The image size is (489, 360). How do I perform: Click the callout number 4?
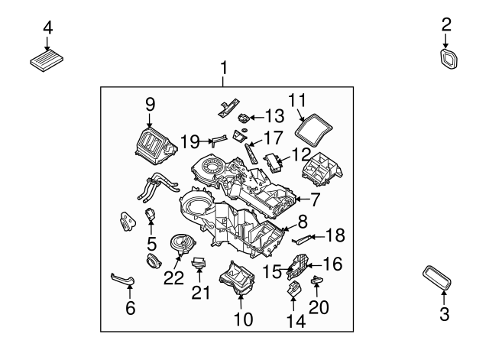pyautogui.click(x=47, y=28)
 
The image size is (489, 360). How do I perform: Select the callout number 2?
pyautogui.click(x=447, y=26)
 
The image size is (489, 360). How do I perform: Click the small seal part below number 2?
pyautogui.click(x=448, y=60)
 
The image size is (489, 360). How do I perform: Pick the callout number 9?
pyautogui.click(x=150, y=104)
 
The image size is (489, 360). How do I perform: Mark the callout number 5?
pyautogui.click(x=151, y=245)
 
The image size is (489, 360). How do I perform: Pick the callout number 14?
pyautogui.click(x=296, y=322)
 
